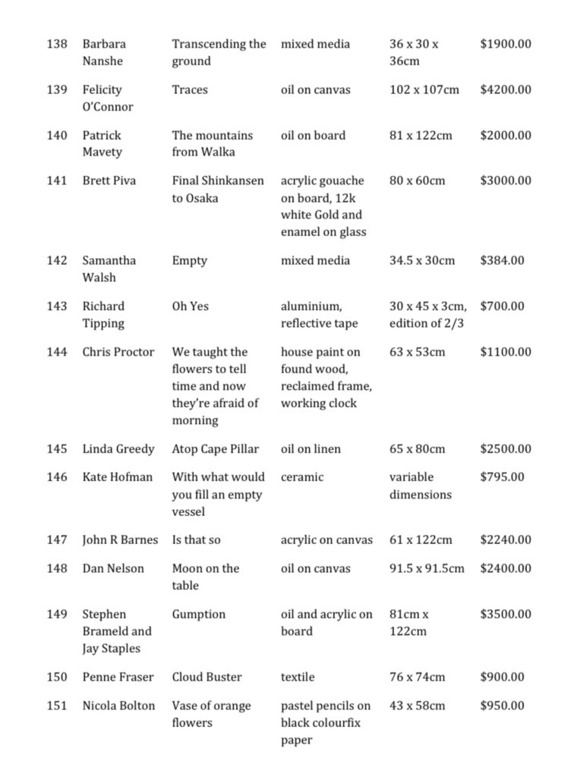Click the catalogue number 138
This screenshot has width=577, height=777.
tap(57, 44)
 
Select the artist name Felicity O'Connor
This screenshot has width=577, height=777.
tap(107, 98)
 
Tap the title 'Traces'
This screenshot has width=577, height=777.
tap(190, 90)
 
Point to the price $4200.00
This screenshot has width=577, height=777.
tap(506, 90)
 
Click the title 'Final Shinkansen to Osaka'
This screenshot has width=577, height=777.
tap(218, 189)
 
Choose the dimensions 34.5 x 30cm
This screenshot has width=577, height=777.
tap(422, 260)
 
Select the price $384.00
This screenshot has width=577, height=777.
tap(502, 260)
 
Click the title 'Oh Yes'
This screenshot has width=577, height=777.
tap(191, 306)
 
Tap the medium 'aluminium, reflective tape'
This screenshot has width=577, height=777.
tap(319, 314)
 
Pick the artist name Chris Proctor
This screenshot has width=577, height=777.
tap(118, 351)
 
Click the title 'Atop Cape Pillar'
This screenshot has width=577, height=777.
tap(216, 448)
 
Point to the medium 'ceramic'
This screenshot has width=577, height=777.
tap(302, 477)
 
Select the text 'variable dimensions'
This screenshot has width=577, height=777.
tap(420, 486)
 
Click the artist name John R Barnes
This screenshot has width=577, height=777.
tap(120, 539)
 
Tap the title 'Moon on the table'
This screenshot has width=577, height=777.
tap(205, 577)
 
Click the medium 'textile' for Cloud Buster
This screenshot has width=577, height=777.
tap(298, 677)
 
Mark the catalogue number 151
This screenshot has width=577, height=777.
tap(57, 705)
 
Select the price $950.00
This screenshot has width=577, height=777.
tap(502, 705)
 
